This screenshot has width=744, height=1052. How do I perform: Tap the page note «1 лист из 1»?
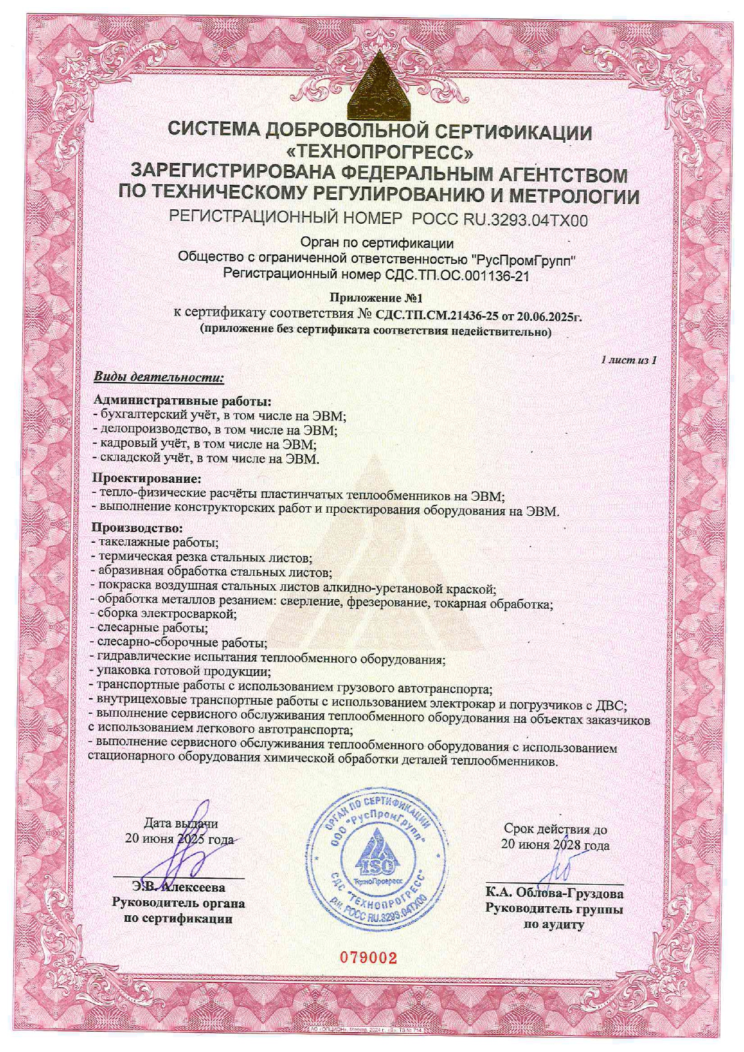(x=628, y=360)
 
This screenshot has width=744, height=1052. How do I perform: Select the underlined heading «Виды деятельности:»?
(x=158, y=378)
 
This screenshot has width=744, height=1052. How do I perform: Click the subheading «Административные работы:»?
(x=183, y=400)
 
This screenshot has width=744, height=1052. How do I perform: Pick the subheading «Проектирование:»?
(x=146, y=478)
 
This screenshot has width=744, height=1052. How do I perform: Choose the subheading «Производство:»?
(x=137, y=528)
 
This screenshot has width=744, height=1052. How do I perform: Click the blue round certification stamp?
(x=377, y=855)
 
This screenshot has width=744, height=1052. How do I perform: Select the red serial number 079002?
(x=369, y=957)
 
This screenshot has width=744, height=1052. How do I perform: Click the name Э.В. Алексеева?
(x=178, y=888)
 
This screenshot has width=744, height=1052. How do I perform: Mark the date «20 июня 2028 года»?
(x=555, y=845)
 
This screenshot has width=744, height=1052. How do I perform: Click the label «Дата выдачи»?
(x=181, y=823)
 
